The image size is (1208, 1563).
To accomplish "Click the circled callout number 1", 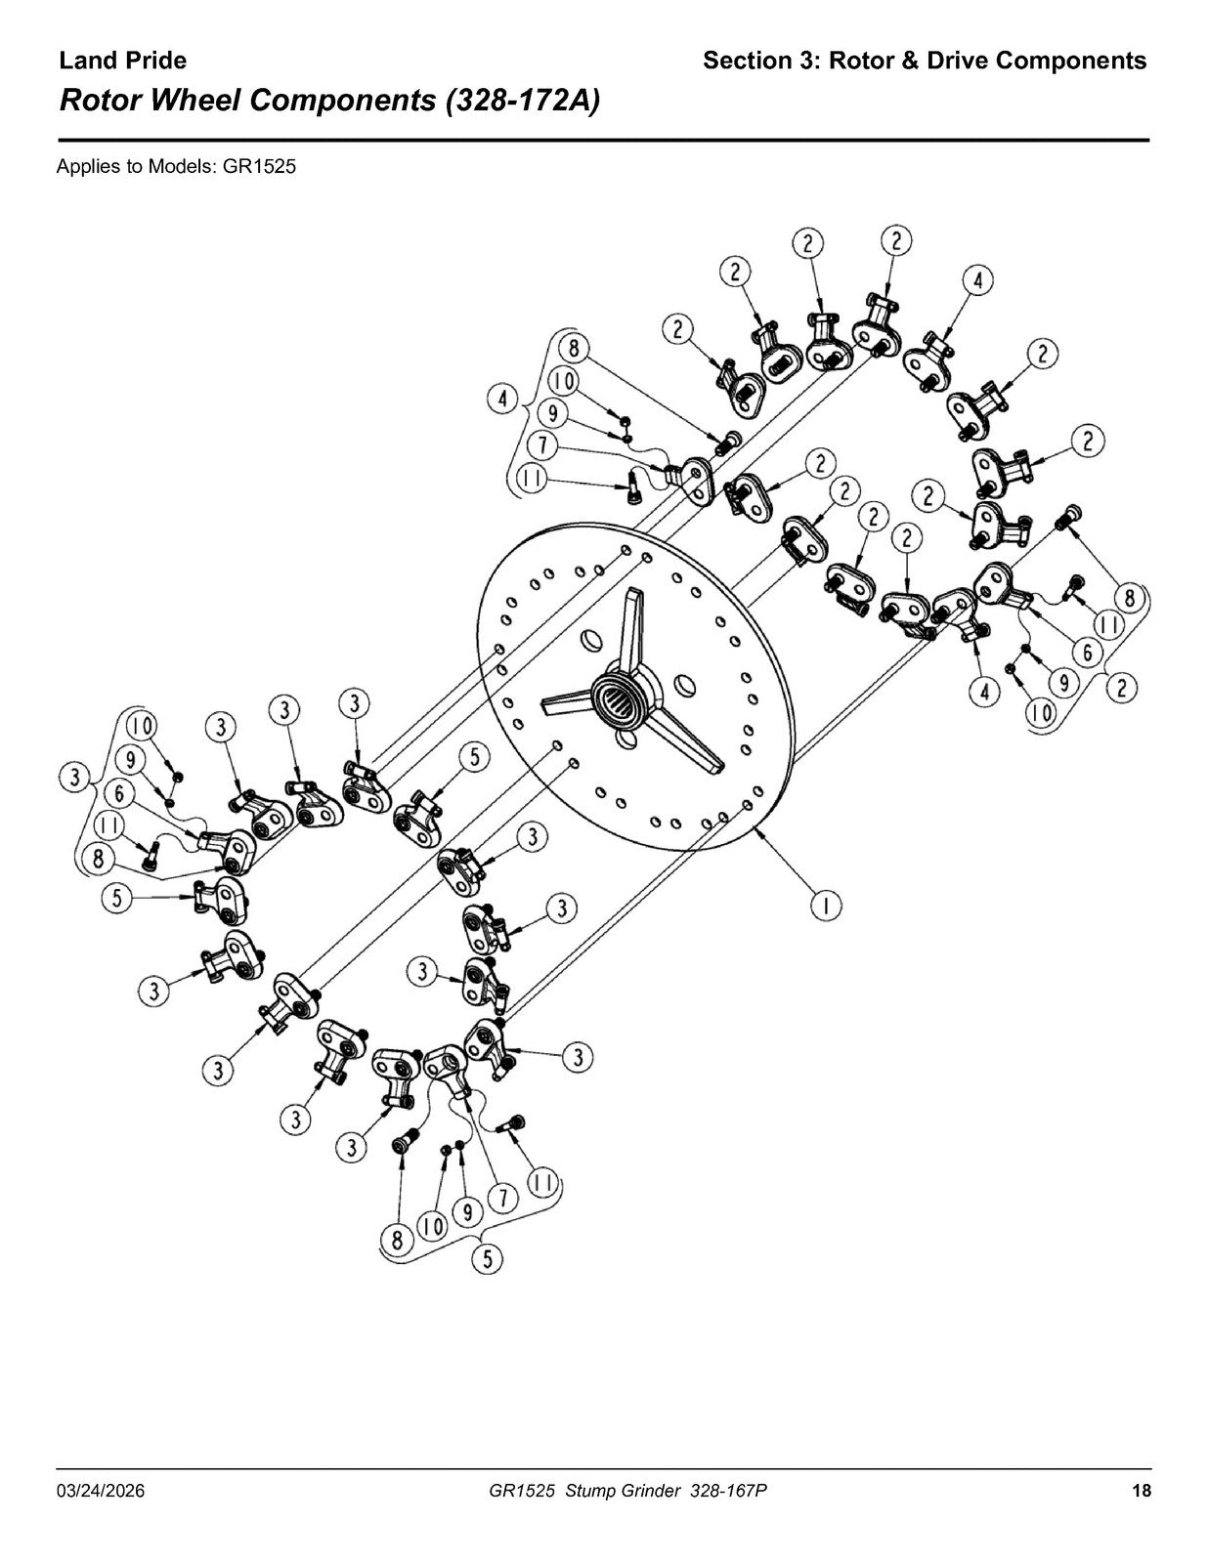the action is pos(827,906).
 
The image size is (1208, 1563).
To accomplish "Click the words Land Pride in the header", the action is pos(122,61).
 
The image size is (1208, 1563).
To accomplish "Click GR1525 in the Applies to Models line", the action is pos(259,167).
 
